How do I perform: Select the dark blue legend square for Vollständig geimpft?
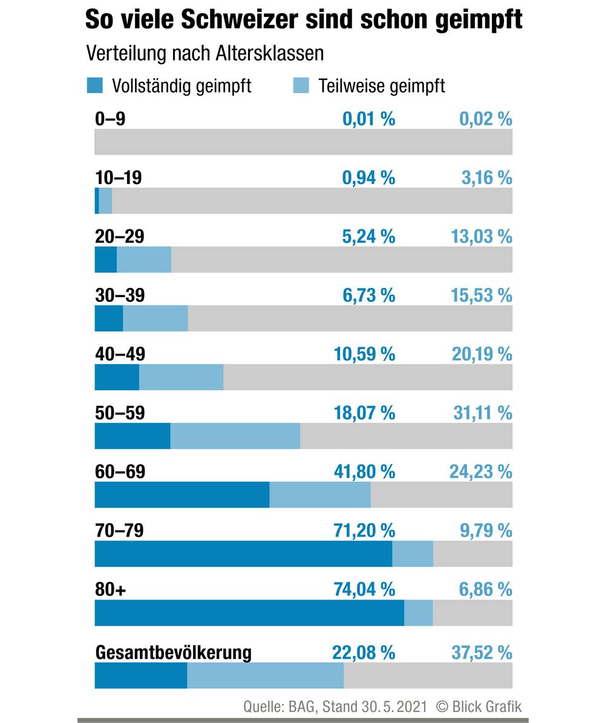tap(95, 85)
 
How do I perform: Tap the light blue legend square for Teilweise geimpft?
tap(301, 85)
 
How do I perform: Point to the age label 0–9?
tap(110, 119)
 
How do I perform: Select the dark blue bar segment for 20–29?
tap(106, 260)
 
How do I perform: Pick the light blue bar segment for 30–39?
tap(155, 318)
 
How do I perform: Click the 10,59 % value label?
tap(364, 354)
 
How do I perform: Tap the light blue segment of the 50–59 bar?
tap(235, 436)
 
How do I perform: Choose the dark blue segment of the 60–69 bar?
tap(181, 494)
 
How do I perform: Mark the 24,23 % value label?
tap(480, 471)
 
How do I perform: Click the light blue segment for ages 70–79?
tap(413, 554)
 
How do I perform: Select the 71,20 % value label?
tap(364, 531)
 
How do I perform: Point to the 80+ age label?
tap(110, 589)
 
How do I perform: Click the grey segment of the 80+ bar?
tap(473, 612)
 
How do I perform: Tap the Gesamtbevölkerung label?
tap(173, 653)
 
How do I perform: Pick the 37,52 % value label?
tap(482, 653)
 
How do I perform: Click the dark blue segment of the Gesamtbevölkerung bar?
tap(140, 675)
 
